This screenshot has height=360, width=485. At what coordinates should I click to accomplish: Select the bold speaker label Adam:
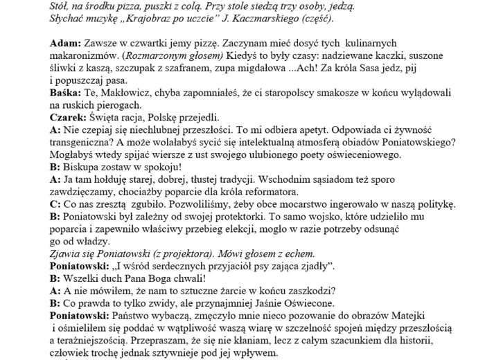[66, 44]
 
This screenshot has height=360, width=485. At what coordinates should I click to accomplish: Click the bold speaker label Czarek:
[69, 117]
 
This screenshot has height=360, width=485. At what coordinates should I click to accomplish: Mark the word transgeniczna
[87, 142]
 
